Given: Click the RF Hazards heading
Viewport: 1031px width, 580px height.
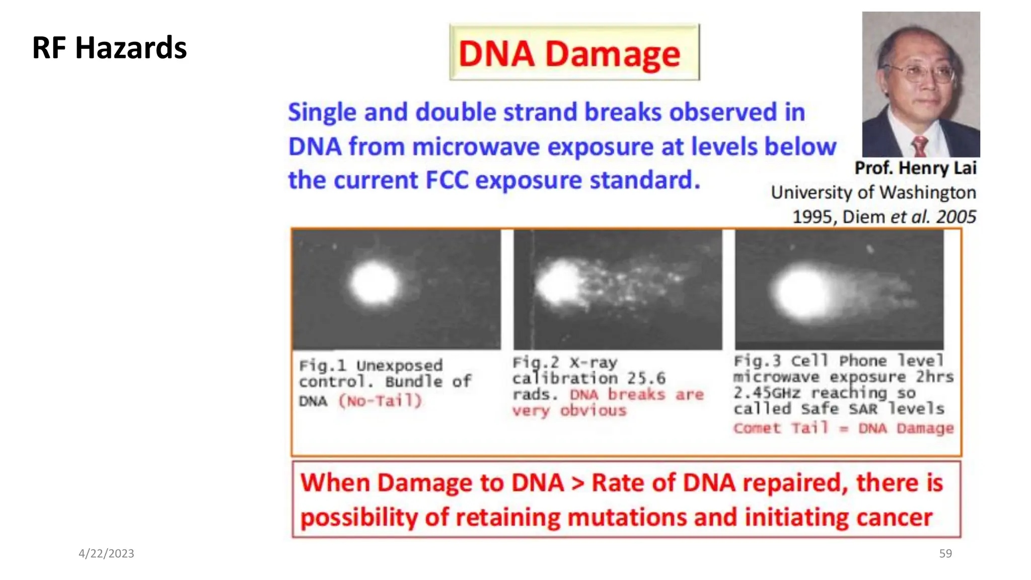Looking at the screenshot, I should [109, 48].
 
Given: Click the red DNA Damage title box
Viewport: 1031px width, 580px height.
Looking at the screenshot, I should [574, 53].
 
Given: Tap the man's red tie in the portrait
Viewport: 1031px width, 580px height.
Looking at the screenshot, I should [920, 147].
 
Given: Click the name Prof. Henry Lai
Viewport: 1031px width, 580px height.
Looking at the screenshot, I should [915, 168].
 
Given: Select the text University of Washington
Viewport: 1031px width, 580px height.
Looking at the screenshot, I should [873, 192].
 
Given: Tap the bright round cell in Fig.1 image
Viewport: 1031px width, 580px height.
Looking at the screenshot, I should [374, 283].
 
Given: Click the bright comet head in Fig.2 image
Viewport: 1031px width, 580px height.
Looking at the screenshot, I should [557, 284].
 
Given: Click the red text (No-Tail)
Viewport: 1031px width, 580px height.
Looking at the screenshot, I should [380, 401].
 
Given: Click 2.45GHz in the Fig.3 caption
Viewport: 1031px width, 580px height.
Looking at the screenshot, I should [766, 393].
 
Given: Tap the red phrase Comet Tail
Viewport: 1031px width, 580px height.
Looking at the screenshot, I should [780, 428].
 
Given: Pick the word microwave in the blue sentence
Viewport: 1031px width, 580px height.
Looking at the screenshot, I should [475, 147].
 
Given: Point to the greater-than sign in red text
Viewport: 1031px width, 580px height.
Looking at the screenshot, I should [577, 483].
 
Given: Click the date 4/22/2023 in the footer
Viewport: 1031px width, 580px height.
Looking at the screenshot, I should [106, 553].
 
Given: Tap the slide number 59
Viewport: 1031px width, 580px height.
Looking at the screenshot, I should [945, 553].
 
